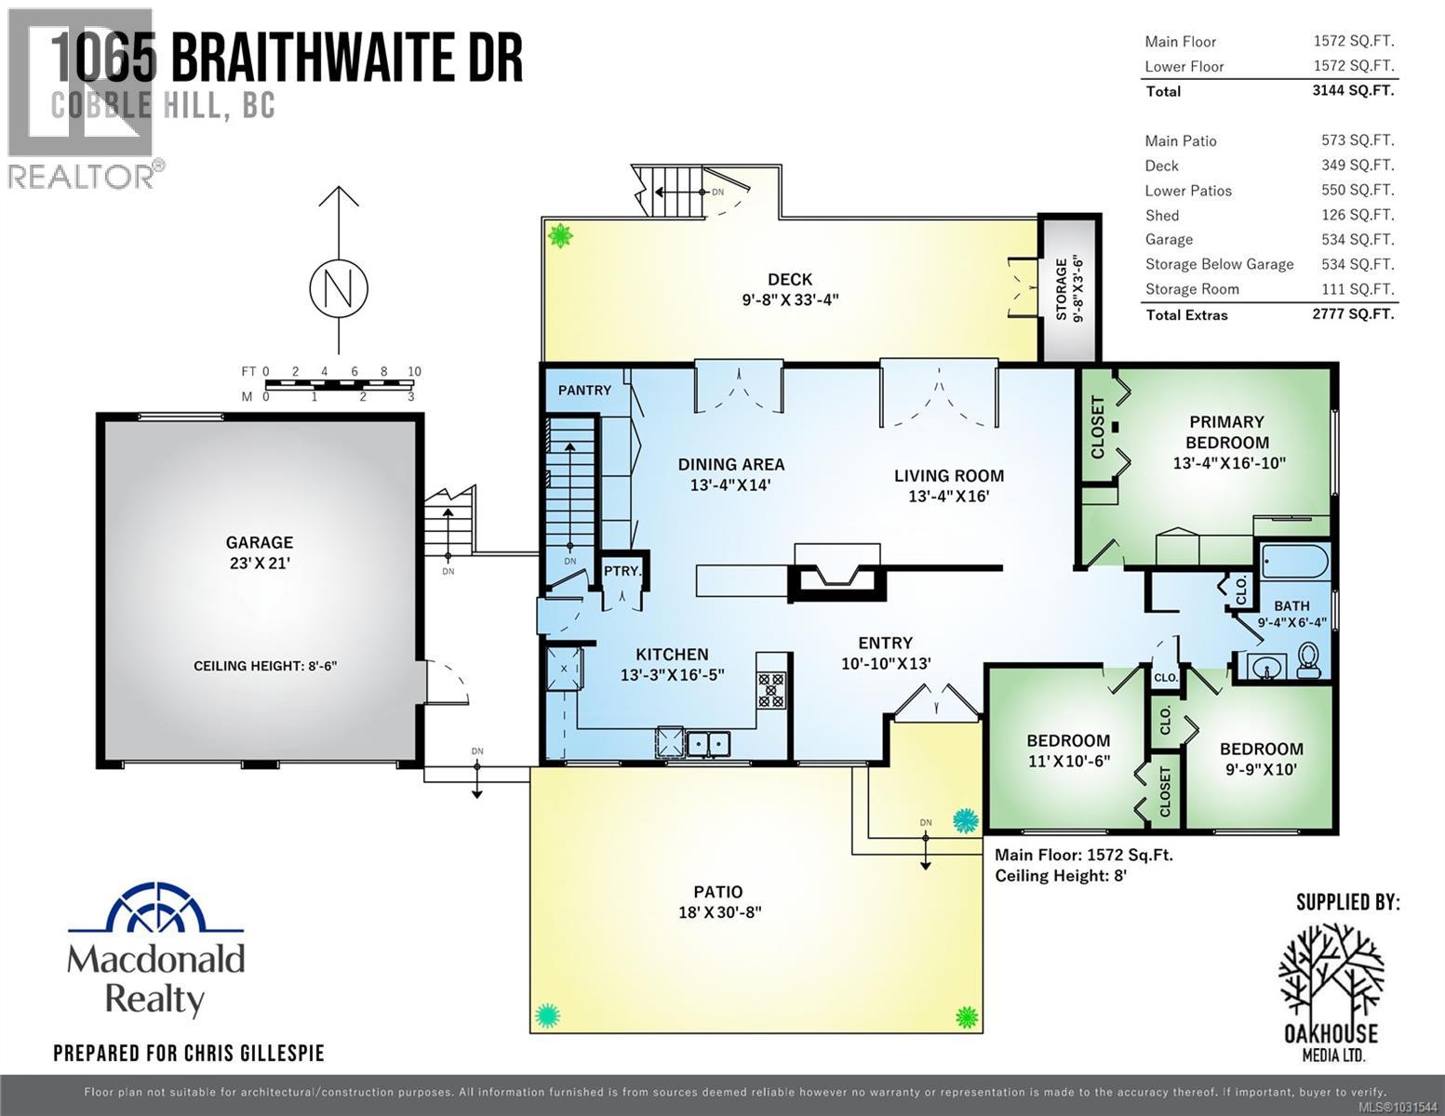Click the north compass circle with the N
339,289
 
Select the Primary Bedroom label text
1226,432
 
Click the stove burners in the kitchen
770,690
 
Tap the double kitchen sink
708,718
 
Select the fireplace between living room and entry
836,574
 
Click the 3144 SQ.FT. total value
1353,90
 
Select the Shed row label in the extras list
1162,215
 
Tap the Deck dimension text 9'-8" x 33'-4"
790,299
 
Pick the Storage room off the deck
1069,288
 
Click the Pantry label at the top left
584,390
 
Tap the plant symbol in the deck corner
560,236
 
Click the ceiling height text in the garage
265,666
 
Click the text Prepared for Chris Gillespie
189,1054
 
